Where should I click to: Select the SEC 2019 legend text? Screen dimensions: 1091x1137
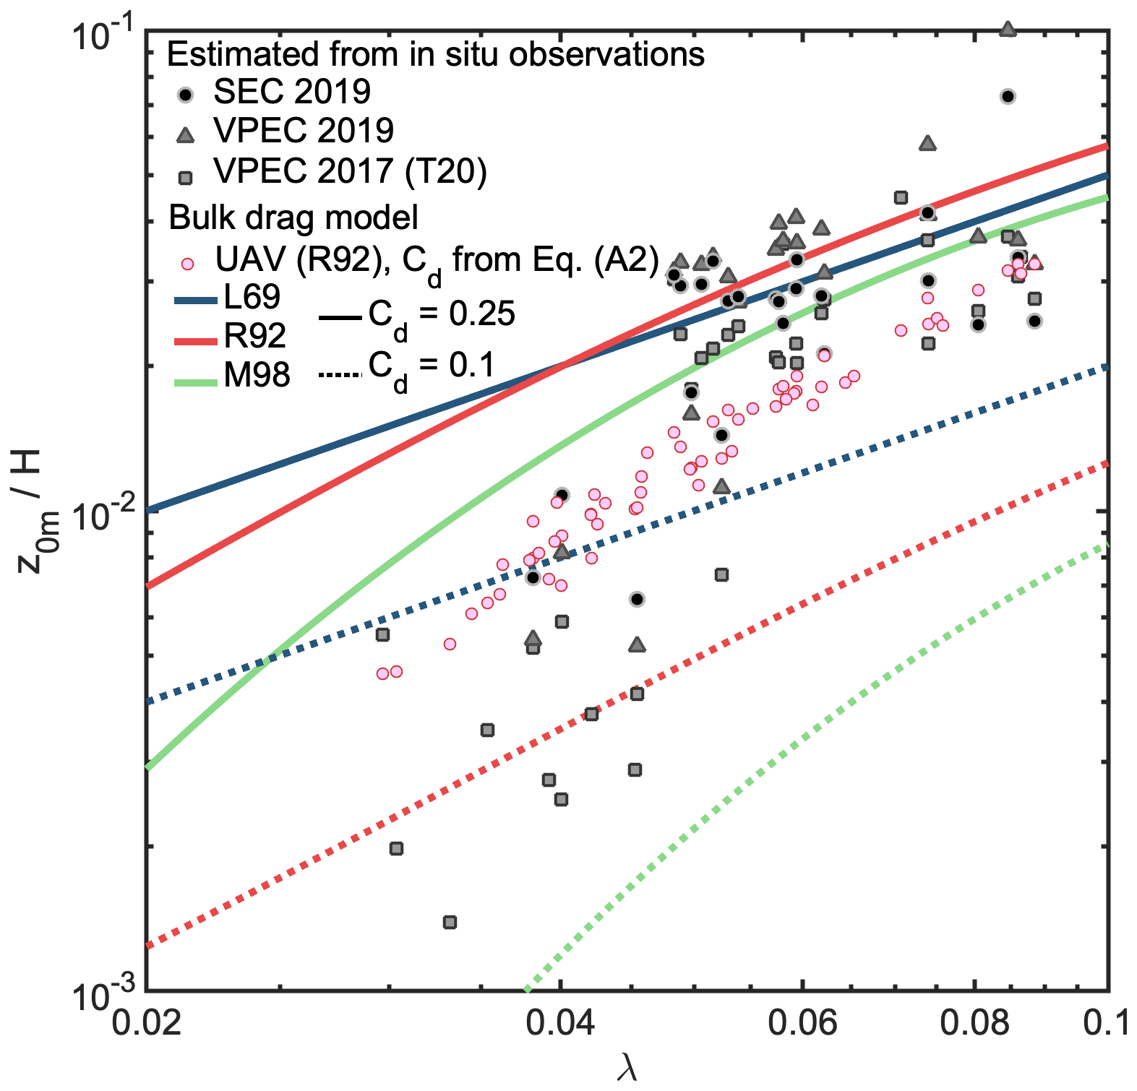(x=292, y=92)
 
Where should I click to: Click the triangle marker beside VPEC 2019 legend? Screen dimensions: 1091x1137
(x=186, y=134)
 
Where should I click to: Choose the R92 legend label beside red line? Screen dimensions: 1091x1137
(x=255, y=336)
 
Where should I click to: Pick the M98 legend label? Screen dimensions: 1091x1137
(x=257, y=375)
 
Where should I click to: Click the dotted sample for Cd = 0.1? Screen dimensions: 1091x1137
(x=339, y=374)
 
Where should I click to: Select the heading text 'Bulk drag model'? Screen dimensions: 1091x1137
(x=293, y=217)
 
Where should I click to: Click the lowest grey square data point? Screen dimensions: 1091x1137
(x=450, y=922)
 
